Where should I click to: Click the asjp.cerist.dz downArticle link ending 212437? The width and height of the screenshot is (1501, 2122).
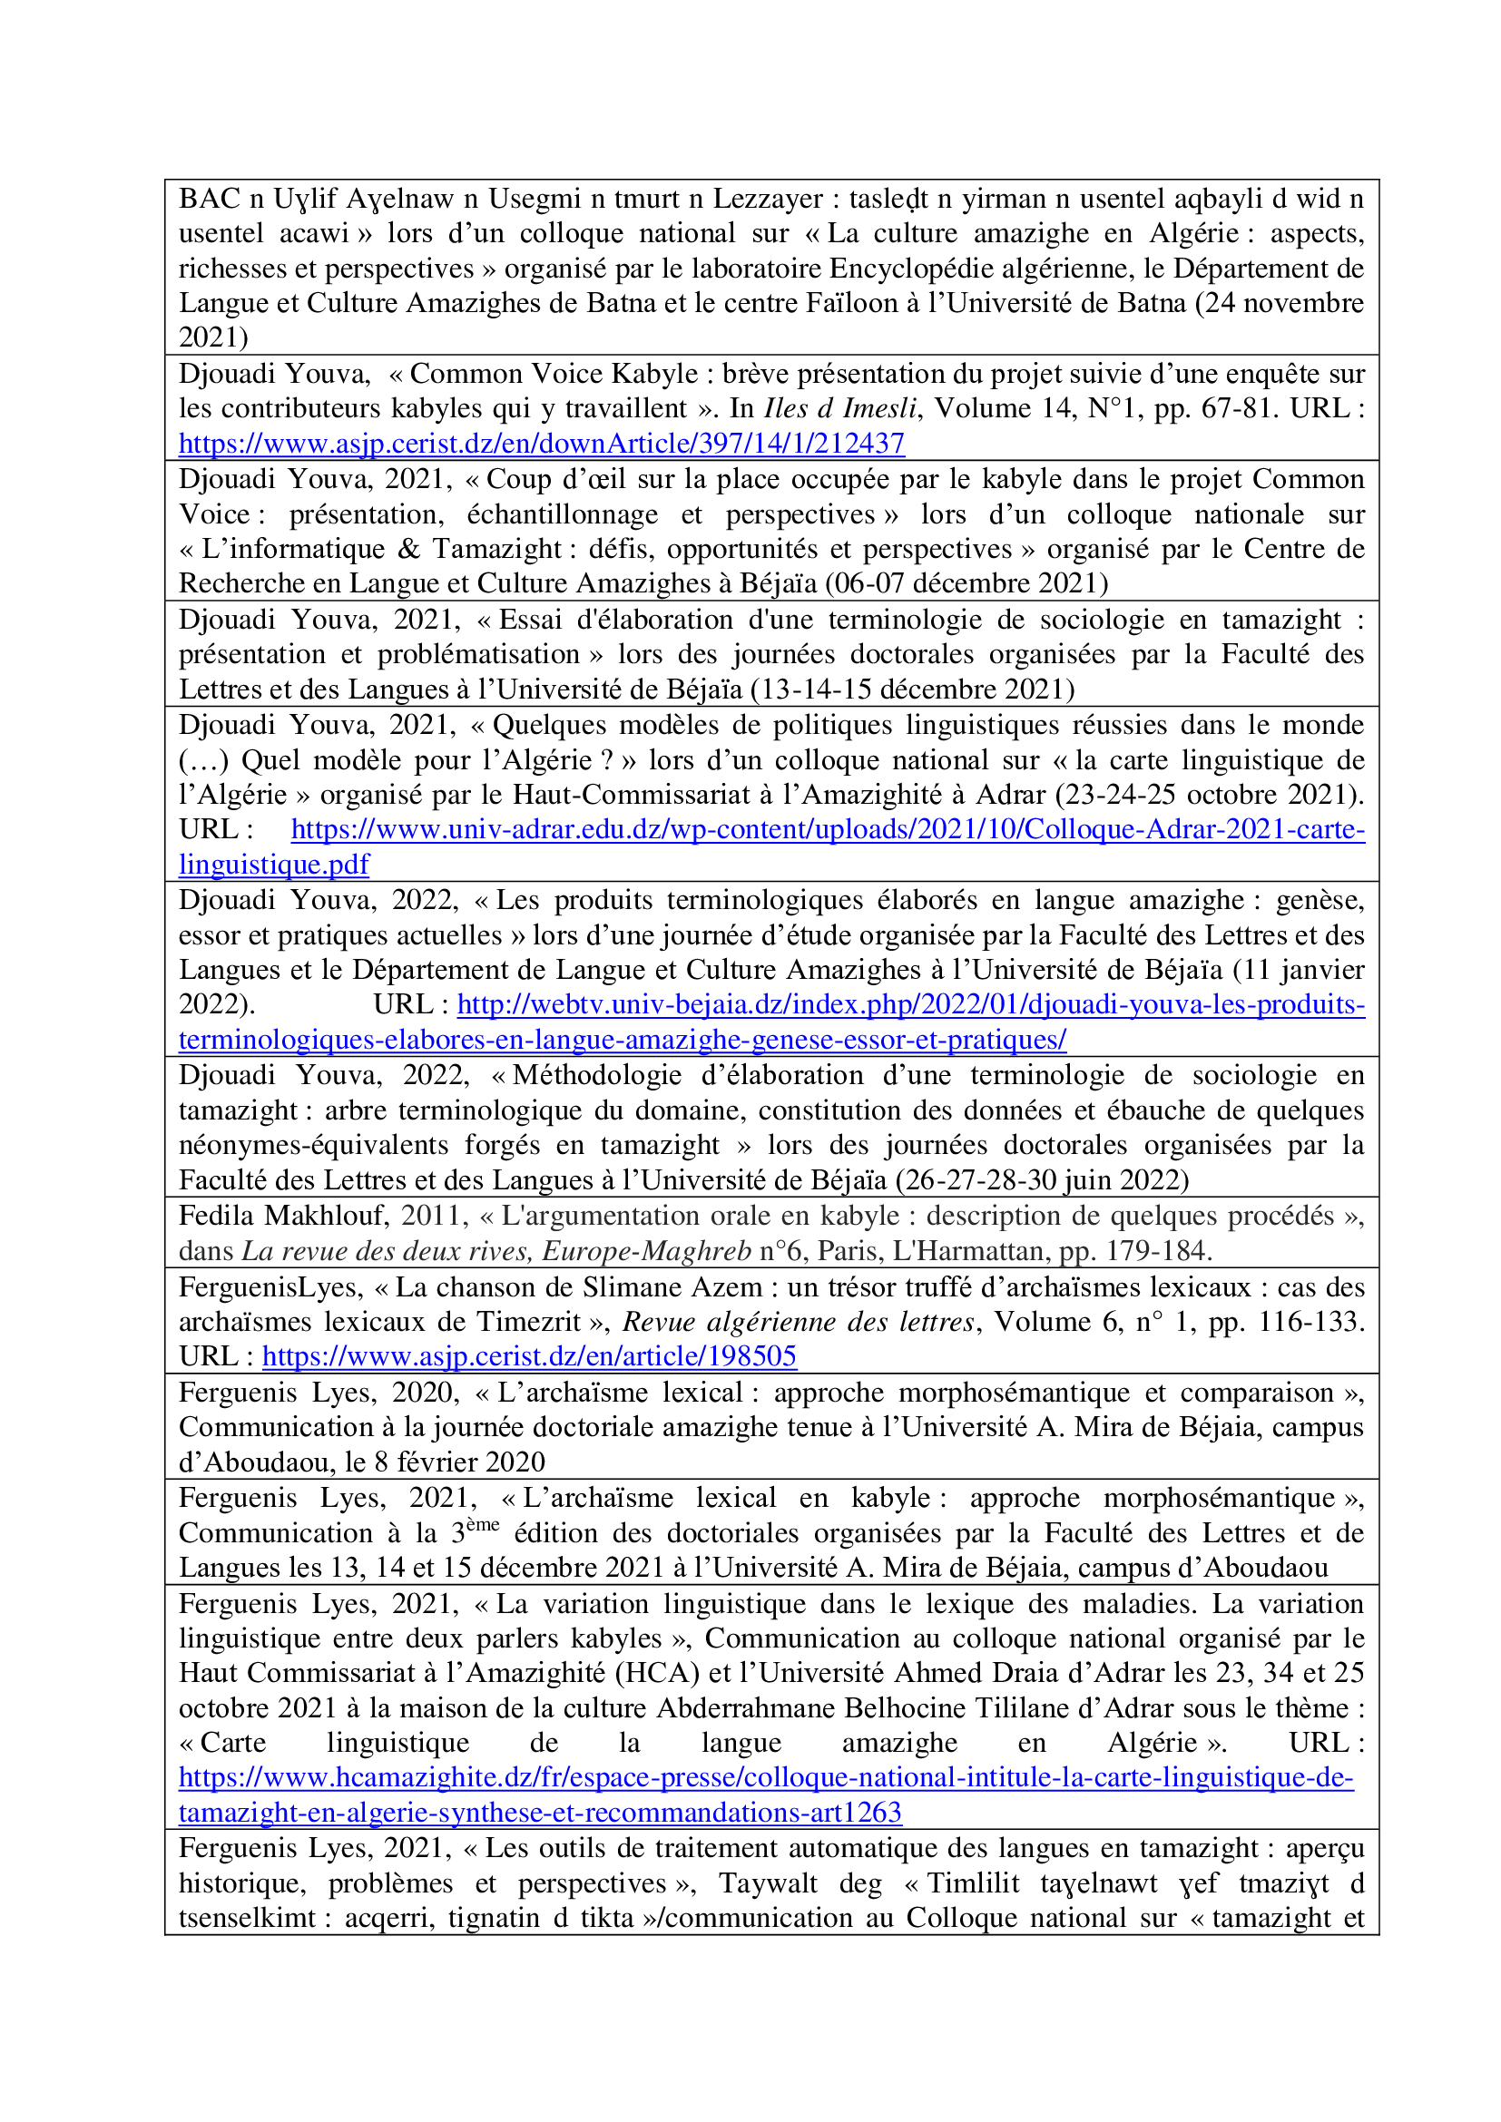[x=541, y=444]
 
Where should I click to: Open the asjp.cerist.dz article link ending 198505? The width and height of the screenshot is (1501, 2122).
[x=529, y=1355]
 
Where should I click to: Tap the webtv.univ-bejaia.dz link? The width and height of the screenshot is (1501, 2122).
[x=910, y=1004]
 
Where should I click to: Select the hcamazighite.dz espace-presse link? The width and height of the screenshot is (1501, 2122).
[x=765, y=1777]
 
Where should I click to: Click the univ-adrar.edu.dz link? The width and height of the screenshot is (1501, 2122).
[x=828, y=829]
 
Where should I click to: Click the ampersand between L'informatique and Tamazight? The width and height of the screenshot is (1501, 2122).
[x=408, y=549]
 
